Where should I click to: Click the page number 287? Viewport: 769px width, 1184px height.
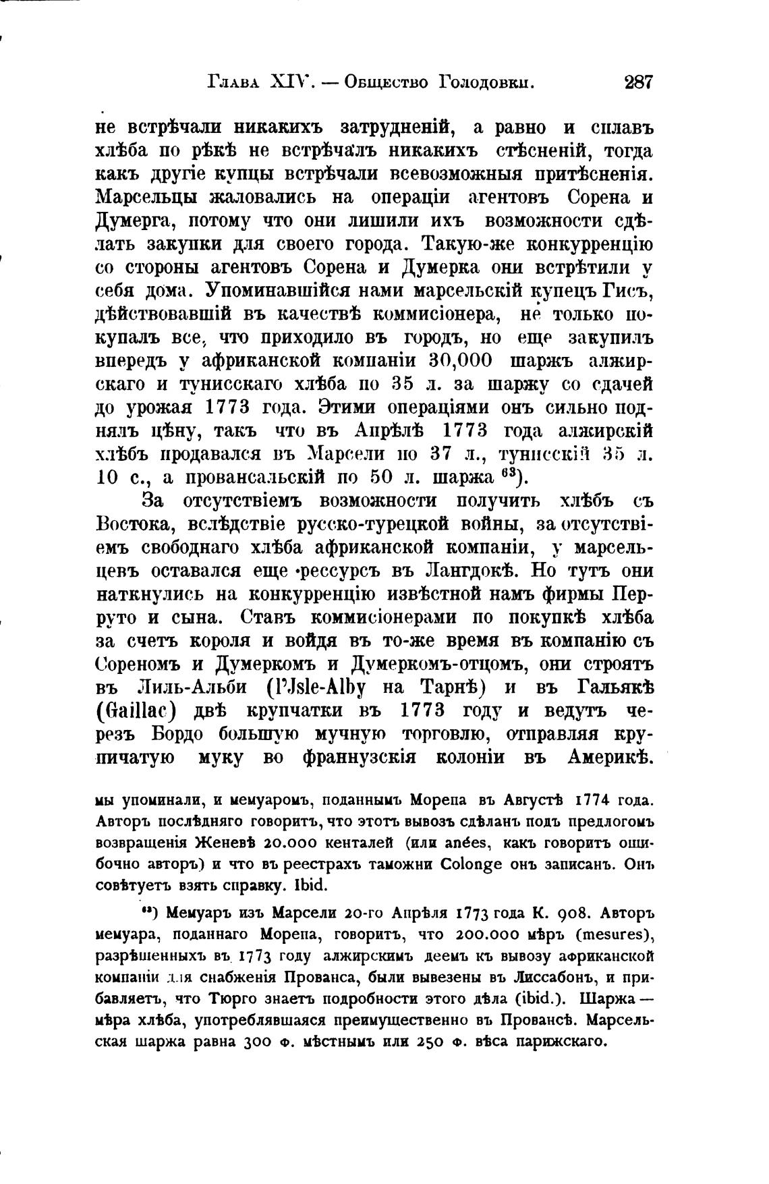[639, 83]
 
